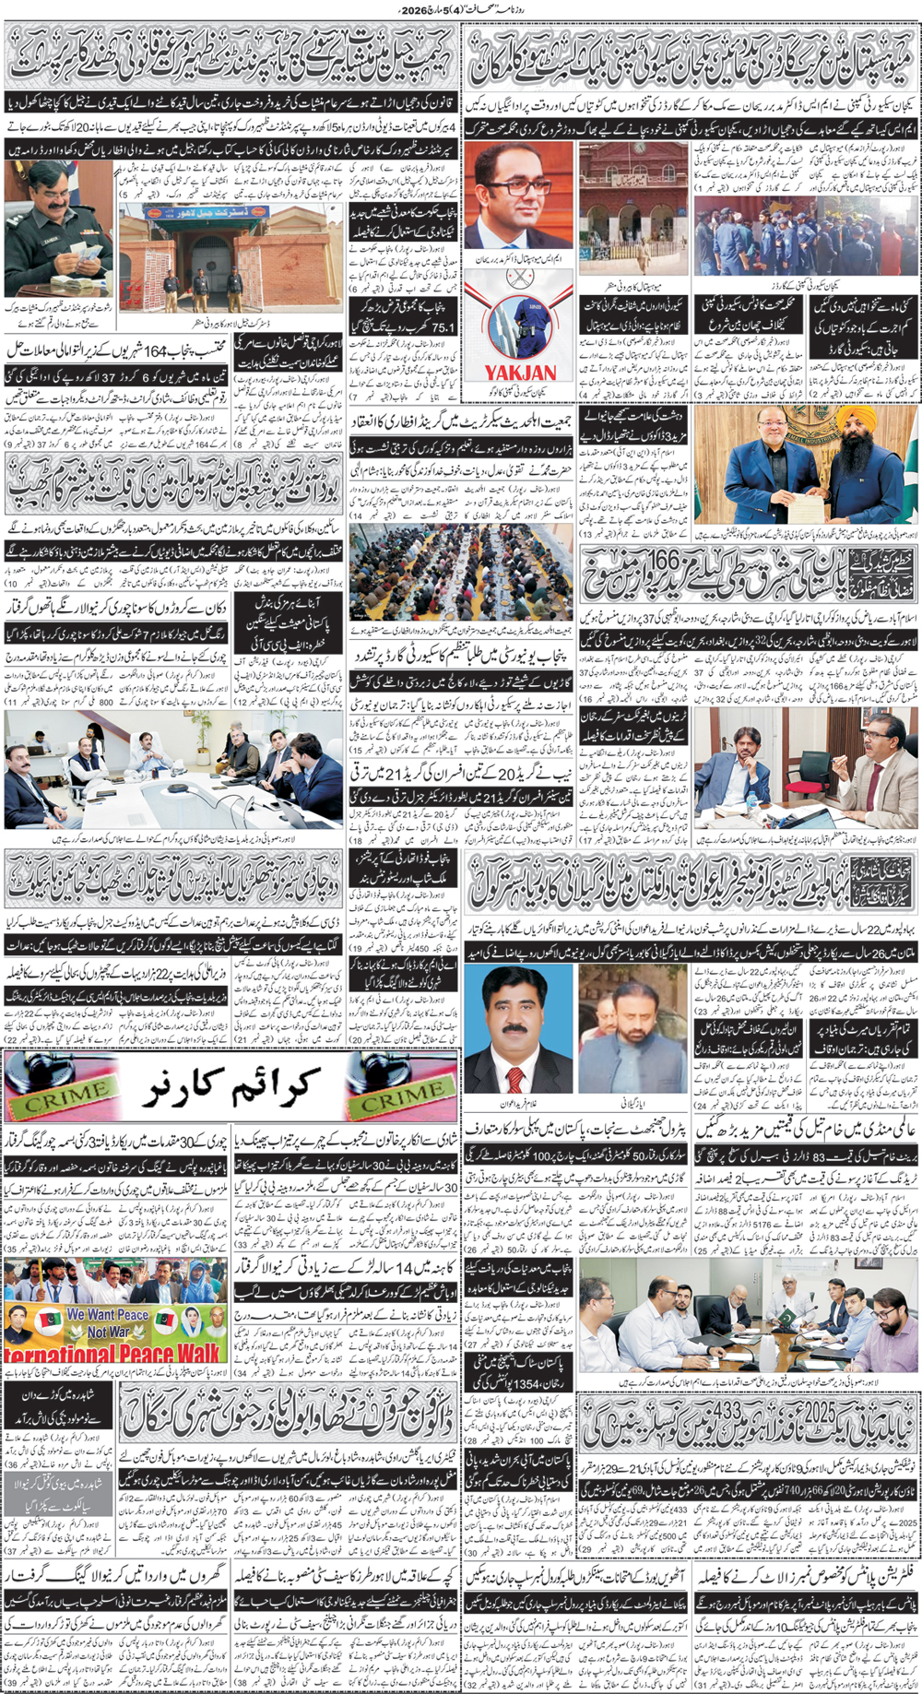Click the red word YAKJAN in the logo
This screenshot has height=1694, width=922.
point(521,372)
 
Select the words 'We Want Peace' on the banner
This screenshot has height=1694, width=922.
point(107,1314)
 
